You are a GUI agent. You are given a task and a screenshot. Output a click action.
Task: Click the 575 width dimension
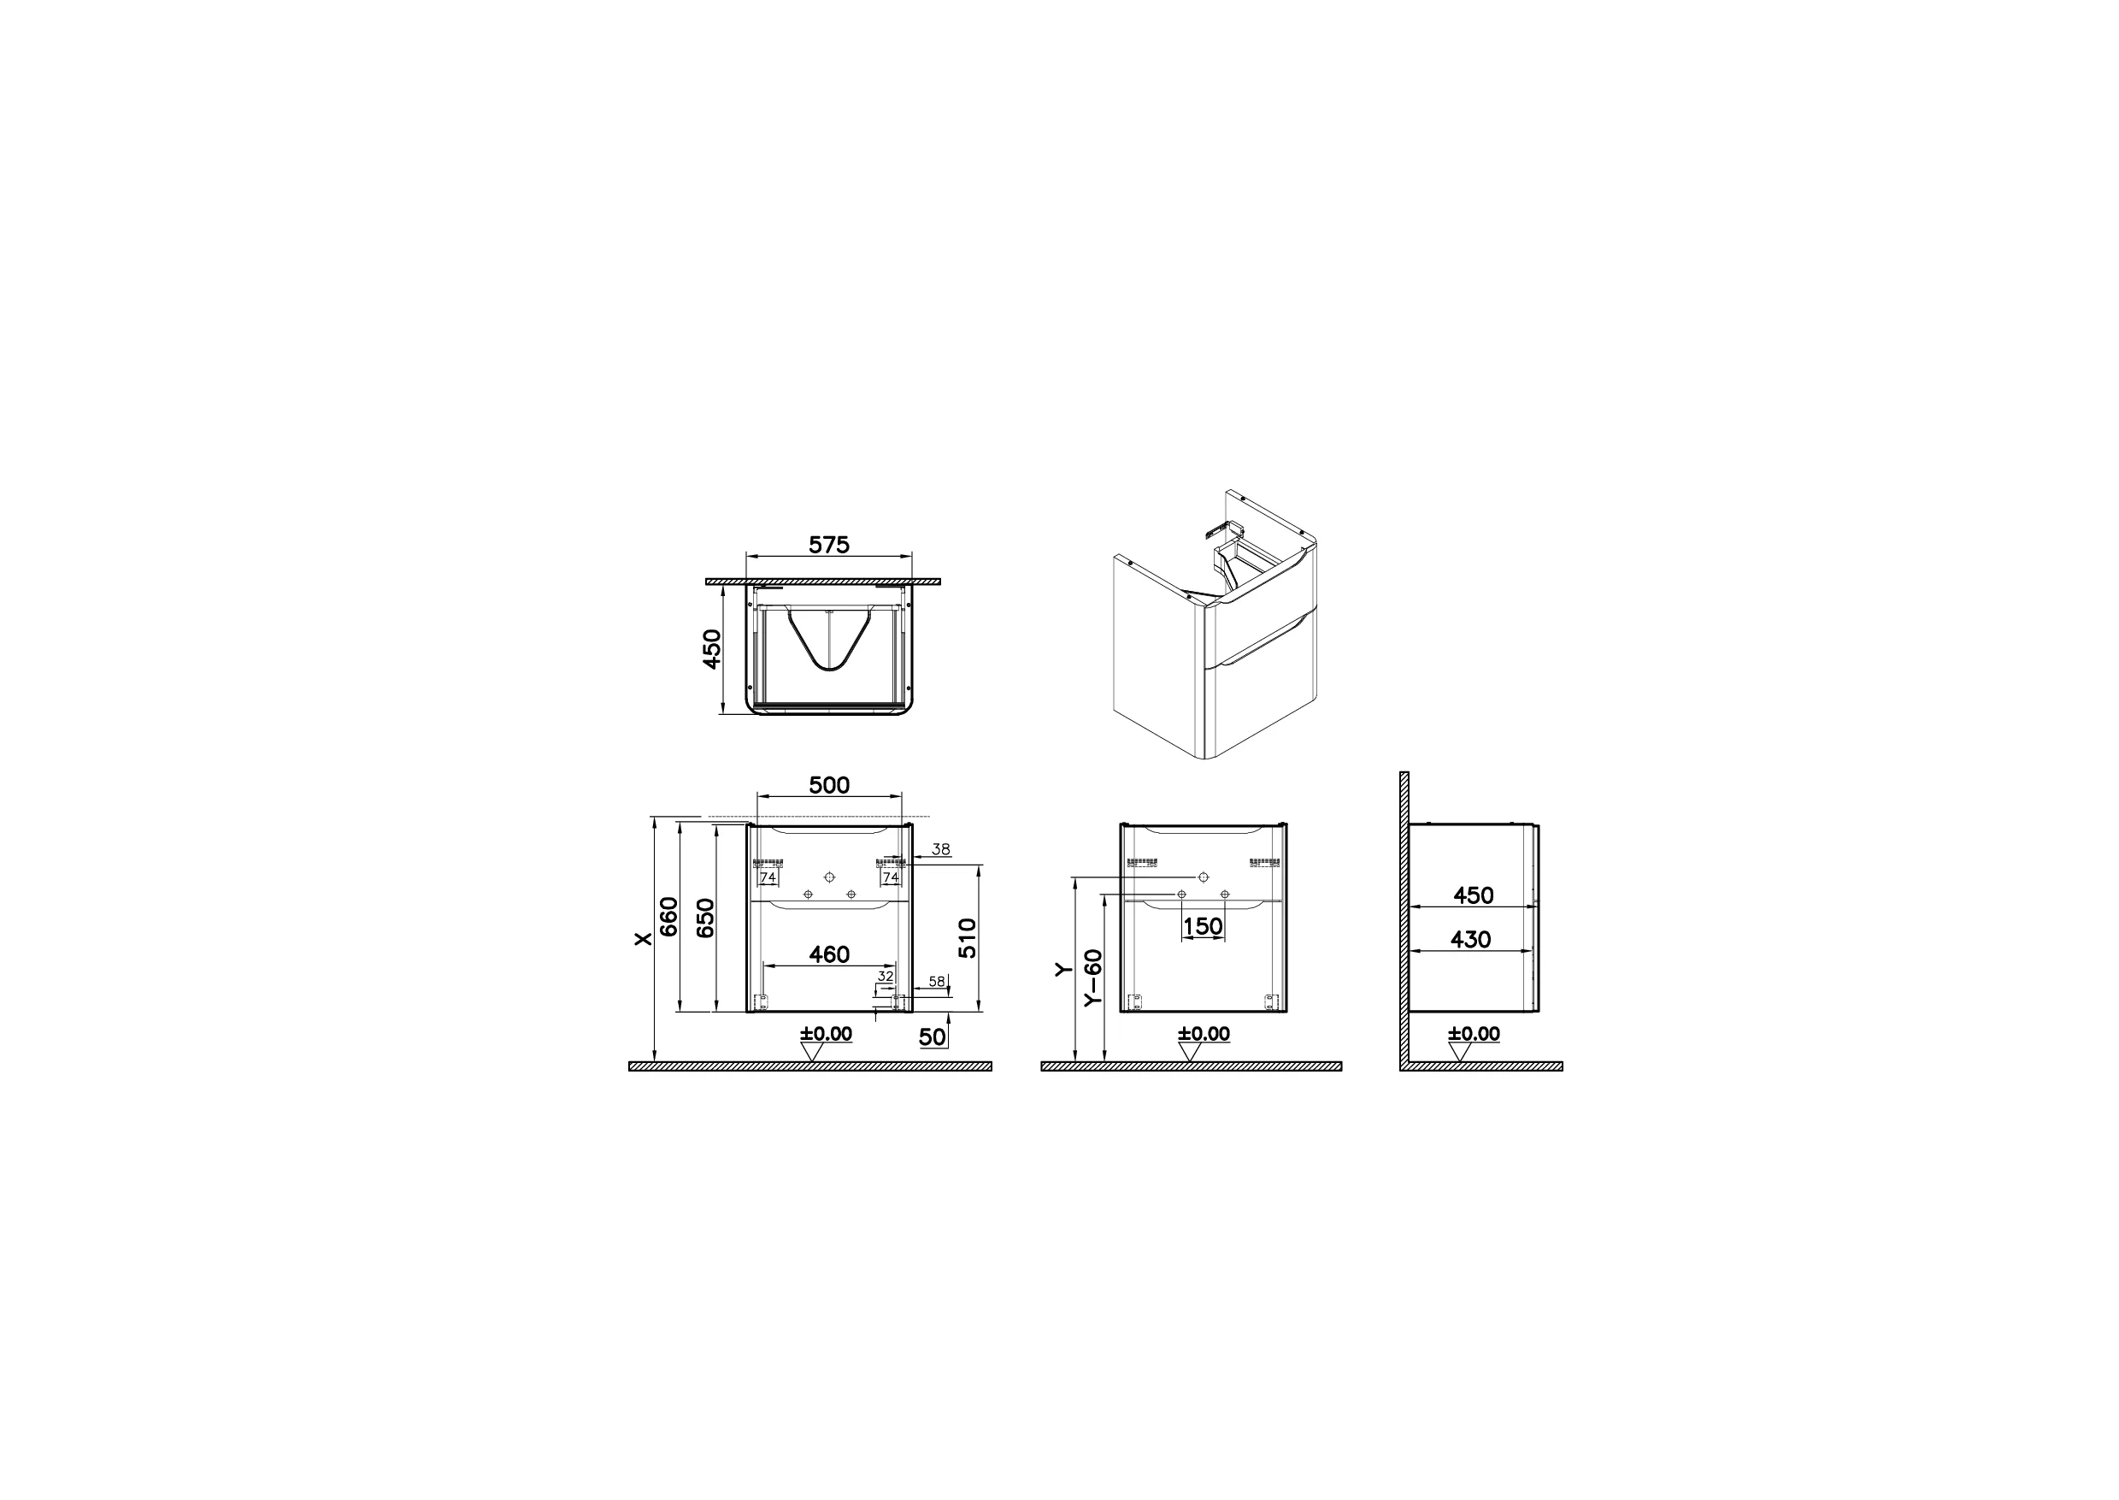point(828,545)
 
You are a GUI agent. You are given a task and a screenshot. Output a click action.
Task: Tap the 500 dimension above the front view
point(829,785)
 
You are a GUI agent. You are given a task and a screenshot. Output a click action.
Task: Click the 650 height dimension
point(704,917)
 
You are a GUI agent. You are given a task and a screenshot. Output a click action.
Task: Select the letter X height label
point(644,938)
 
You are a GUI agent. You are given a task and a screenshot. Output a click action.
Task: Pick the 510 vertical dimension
point(967,938)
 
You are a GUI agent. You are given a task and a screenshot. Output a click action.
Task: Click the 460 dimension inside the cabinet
point(829,954)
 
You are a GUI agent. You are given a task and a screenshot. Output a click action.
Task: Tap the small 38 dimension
point(941,849)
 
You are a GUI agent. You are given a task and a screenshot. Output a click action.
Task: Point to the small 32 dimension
point(886,976)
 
